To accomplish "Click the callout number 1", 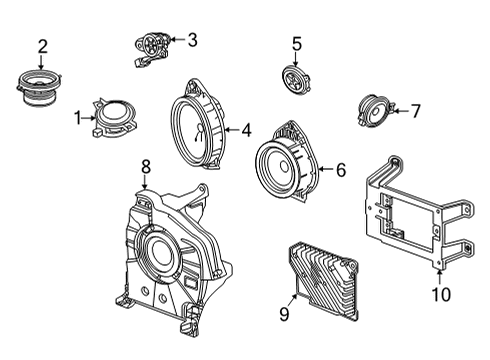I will point(78,117).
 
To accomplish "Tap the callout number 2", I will point(42,45).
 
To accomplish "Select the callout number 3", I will point(192,40).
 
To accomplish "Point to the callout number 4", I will point(246,129).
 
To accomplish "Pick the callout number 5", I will point(296,43).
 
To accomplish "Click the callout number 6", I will point(340,170).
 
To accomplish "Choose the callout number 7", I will point(417,111).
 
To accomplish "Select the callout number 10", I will point(440,294).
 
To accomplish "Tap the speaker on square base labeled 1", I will point(114,113).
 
